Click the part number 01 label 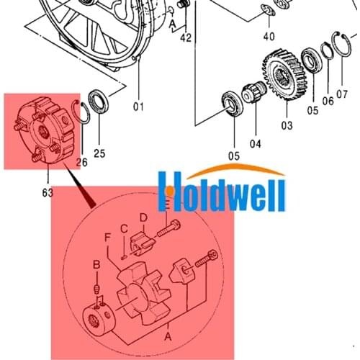139,107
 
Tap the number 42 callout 186,37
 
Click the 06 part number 328,101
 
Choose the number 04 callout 255,143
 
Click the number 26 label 81,162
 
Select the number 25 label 100,153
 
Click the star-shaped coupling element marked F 143,292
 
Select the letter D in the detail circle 143,217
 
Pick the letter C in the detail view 123,230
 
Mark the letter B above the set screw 96,266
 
